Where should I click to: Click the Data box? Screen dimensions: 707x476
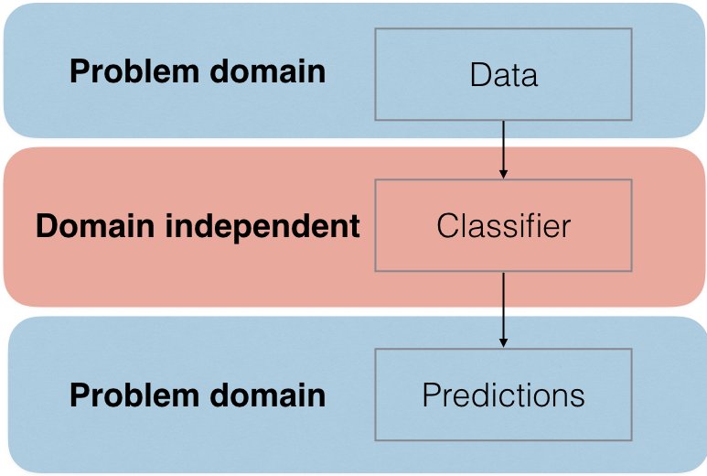click(503, 74)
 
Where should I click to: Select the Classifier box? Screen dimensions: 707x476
click(503, 225)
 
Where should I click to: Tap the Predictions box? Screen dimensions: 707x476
click(503, 395)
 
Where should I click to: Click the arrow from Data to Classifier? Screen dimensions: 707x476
click(503, 150)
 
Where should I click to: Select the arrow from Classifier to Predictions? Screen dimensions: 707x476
click(503, 310)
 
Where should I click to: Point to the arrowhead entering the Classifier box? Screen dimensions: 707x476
click(503, 174)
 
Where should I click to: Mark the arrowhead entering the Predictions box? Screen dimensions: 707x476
click(503, 343)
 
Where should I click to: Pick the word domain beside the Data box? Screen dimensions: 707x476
click(268, 71)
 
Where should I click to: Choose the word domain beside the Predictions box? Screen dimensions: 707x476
click(268, 395)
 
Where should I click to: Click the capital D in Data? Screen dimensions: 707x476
click(481, 74)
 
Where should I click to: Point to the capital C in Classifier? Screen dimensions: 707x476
click(448, 225)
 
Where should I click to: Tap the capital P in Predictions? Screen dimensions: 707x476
click(432, 395)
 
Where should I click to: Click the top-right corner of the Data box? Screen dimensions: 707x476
click(632, 28)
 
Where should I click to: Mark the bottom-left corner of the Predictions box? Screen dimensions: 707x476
click(375, 440)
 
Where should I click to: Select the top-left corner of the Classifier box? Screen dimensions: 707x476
click(375, 179)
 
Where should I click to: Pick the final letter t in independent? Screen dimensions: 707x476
click(354, 226)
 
